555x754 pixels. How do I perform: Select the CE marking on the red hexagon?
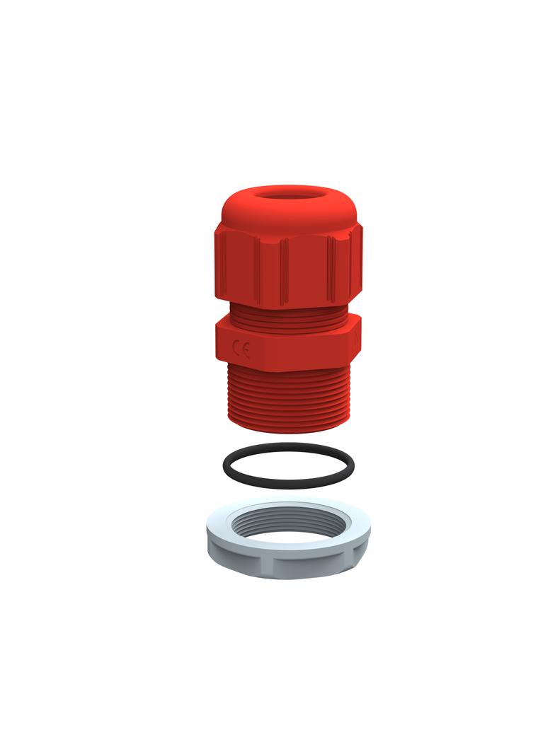pos(241,349)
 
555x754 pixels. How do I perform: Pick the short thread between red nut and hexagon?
pos(288,314)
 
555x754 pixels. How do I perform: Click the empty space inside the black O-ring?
pos(288,465)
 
